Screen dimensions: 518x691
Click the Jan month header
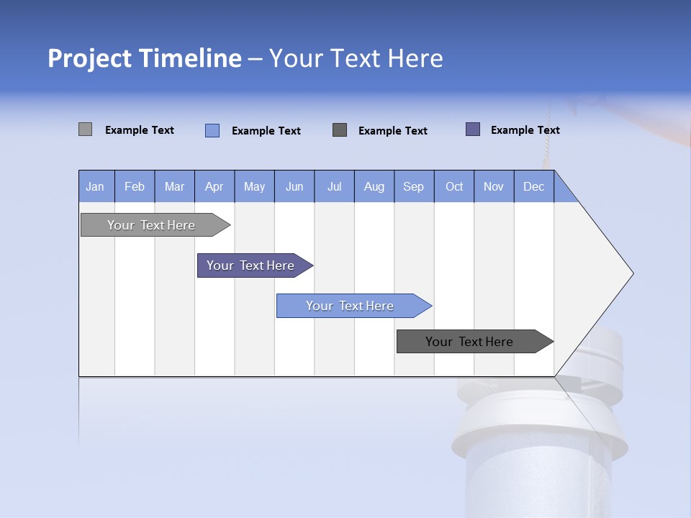(x=96, y=186)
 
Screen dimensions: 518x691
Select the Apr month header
(x=214, y=186)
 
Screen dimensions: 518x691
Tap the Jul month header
(x=334, y=186)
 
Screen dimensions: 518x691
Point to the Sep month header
(x=414, y=186)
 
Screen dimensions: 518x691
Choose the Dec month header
(x=533, y=186)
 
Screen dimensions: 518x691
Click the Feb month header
(x=135, y=186)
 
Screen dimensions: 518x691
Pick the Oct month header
(x=454, y=186)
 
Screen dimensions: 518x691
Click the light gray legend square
(x=85, y=129)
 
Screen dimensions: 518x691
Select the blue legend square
(x=212, y=130)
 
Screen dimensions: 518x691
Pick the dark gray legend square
(x=340, y=129)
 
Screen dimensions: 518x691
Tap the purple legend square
(x=473, y=129)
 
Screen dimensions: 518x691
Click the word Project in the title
(x=90, y=58)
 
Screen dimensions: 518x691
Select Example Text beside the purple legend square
(x=525, y=130)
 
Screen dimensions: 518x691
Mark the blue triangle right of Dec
(x=563, y=191)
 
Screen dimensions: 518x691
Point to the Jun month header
(x=294, y=186)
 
